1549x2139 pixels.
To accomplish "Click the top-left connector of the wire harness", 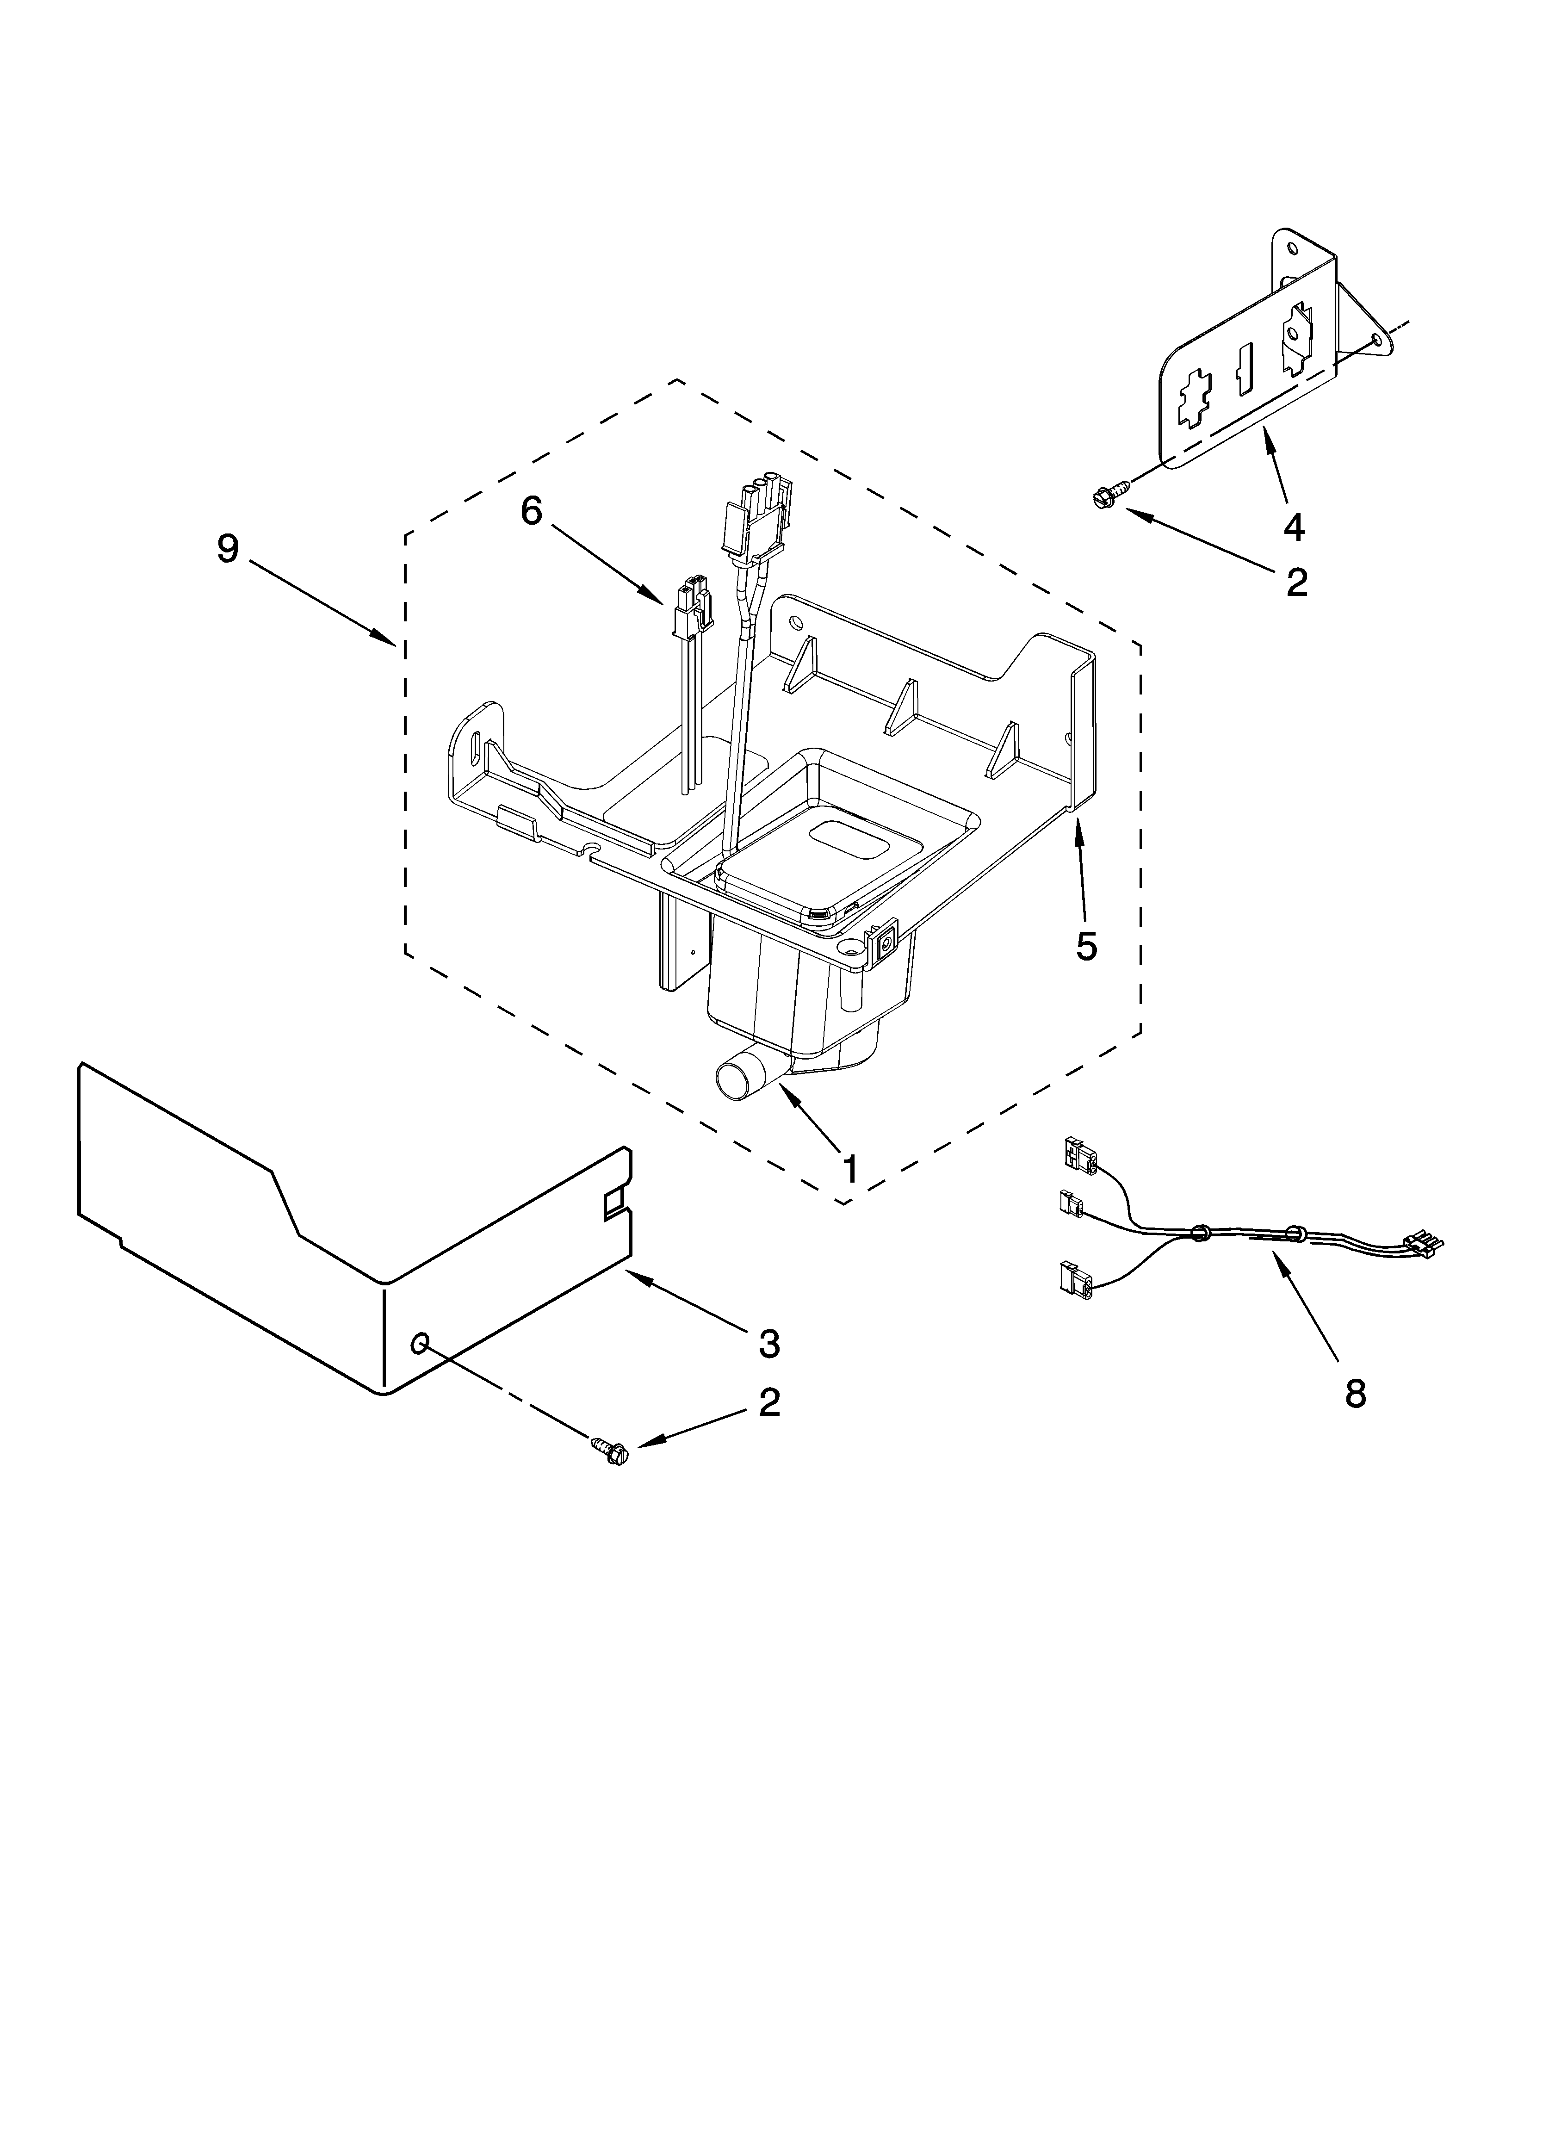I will (x=1078, y=1153).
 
